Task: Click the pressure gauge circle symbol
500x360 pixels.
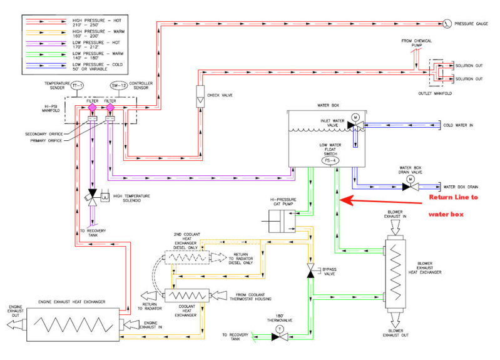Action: coord(447,24)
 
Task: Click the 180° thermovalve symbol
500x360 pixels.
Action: coord(279,336)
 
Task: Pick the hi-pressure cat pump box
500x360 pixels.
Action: coord(279,219)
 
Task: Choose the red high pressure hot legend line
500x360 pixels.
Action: coord(46,21)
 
